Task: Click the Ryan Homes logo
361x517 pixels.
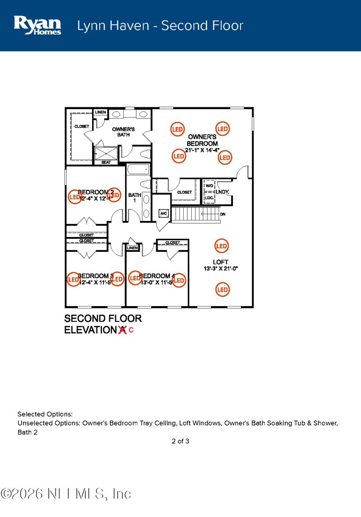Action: (37, 25)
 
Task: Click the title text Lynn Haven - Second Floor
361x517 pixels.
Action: (160, 26)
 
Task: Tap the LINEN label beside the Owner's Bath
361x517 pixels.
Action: (100, 112)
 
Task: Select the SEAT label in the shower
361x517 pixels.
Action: (106, 162)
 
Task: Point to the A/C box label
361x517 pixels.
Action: (163, 213)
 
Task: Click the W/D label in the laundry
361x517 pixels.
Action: (209, 186)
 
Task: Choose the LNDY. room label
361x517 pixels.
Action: (222, 192)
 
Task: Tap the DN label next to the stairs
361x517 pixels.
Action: (223, 214)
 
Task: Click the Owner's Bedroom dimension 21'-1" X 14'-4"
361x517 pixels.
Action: (202, 150)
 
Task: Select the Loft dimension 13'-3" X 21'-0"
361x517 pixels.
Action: (221, 269)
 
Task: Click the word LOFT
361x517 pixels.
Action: (221, 262)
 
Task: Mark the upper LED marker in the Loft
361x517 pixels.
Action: (221, 246)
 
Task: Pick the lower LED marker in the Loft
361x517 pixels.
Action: (222, 289)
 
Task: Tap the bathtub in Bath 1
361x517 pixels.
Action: (138, 170)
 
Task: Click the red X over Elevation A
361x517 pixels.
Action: (122, 330)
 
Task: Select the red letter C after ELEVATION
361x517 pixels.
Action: (131, 330)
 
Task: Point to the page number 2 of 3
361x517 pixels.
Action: (180, 441)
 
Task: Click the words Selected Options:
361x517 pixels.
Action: (45, 414)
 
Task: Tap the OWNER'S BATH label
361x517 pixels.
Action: (124, 132)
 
